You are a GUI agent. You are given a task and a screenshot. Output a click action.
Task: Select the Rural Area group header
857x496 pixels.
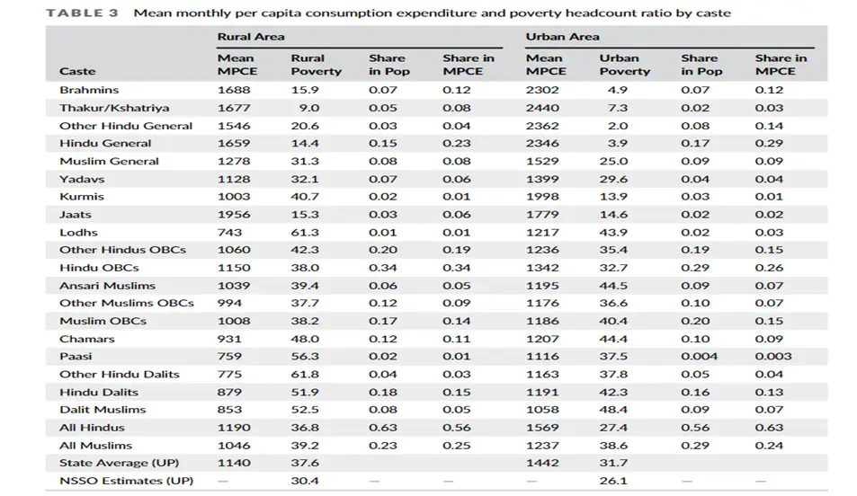coord(250,37)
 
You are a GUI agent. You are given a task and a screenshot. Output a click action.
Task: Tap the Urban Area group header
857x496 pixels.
coord(562,37)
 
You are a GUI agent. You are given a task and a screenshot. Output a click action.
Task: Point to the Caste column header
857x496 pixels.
coord(77,71)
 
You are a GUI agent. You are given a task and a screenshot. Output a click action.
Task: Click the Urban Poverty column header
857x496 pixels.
coord(624,65)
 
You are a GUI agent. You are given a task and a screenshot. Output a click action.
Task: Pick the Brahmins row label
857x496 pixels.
coord(89,90)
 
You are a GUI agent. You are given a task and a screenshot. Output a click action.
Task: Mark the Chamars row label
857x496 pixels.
coord(86,339)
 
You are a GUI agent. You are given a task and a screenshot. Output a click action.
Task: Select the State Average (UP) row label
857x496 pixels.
coord(119,463)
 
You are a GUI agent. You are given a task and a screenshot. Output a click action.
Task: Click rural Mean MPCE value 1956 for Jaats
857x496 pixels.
coord(234,215)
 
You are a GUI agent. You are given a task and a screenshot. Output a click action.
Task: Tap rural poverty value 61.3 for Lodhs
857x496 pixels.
coord(305,232)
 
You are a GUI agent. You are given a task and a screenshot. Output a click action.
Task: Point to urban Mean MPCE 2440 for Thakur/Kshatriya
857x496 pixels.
coord(542,108)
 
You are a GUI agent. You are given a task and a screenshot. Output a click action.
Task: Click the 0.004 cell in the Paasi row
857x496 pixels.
coord(698,357)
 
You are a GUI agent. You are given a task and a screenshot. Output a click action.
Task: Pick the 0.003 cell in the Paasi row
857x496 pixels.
coord(773,357)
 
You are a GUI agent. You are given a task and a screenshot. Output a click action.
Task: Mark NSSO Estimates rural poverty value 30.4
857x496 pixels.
coord(305,481)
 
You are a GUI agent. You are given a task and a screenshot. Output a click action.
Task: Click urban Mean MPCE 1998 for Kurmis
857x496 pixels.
coord(542,197)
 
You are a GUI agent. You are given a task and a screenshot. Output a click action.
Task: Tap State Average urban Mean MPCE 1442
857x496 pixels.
coord(542,463)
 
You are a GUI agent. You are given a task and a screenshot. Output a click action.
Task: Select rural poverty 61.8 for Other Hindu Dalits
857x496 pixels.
coord(305,374)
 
